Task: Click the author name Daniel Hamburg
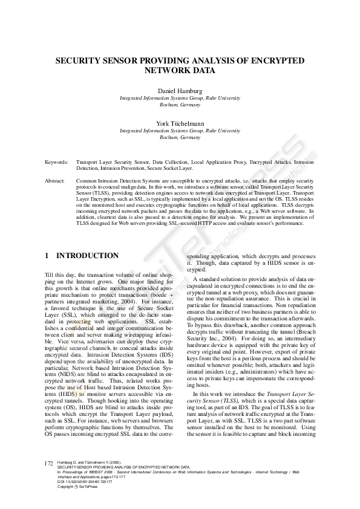pyautogui.click(x=180, y=90)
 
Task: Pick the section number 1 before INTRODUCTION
pyautogui.click(x=47, y=256)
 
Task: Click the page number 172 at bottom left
pyautogui.click(x=50, y=462)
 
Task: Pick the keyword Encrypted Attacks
pyautogui.click(x=272, y=163)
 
